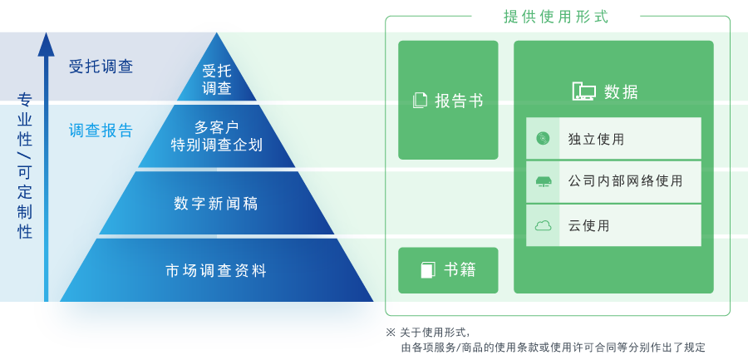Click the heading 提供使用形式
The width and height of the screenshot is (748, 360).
(556, 17)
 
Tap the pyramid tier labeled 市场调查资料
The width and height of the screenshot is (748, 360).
(216, 270)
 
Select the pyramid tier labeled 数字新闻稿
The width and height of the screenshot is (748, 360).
(216, 204)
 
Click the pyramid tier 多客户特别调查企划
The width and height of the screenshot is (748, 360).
(217, 136)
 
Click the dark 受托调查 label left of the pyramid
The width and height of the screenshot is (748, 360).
(101, 67)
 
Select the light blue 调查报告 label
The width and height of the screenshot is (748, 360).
(101, 131)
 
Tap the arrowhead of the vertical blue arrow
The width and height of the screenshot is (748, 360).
(47, 44)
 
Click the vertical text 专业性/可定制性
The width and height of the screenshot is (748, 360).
(25, 165)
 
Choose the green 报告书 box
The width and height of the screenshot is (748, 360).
(448, 100)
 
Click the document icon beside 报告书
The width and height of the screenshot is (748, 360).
(420, 101)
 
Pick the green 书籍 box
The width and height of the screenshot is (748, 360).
(448, 270)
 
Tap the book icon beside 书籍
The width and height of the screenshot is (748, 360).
(428, 270)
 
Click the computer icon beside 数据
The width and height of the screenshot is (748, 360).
(584, 91)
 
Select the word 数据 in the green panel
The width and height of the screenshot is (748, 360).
(621, 91)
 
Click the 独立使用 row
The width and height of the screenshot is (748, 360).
(613, 138)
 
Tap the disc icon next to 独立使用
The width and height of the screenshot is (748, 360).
(543, 139)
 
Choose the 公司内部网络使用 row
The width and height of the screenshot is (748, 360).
(613, 181)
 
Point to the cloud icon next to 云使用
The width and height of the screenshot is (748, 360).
(543, 225)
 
